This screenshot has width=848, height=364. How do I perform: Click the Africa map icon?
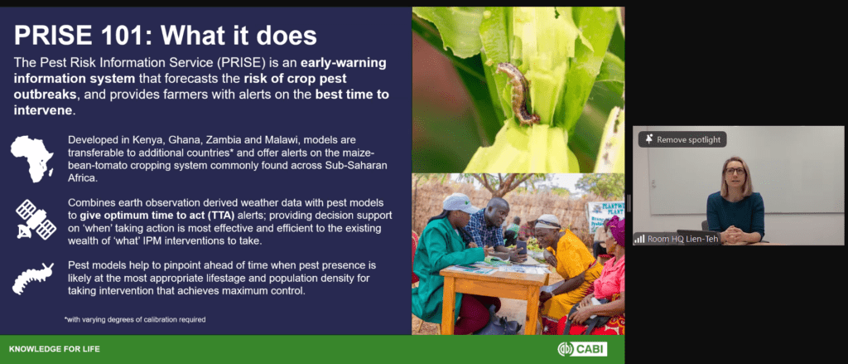point(32,158)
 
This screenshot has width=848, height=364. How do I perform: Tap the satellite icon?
point(36,220)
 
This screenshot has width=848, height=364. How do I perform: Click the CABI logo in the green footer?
point(582,349)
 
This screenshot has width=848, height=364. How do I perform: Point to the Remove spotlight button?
point(682,140)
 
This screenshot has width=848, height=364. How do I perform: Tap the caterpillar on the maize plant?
point(517,92)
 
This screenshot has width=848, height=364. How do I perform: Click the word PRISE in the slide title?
point(50,36)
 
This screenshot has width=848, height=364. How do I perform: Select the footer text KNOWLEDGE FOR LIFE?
point(54,349)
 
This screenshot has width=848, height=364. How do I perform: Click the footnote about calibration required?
point(135,319)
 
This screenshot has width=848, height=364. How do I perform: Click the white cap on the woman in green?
point(460,203)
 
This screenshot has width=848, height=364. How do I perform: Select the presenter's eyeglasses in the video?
point(735,171)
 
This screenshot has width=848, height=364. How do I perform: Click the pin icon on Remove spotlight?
point(649,139)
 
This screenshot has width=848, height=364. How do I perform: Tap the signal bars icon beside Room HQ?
point(640,238)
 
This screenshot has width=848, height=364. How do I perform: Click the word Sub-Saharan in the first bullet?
point(363,165)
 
